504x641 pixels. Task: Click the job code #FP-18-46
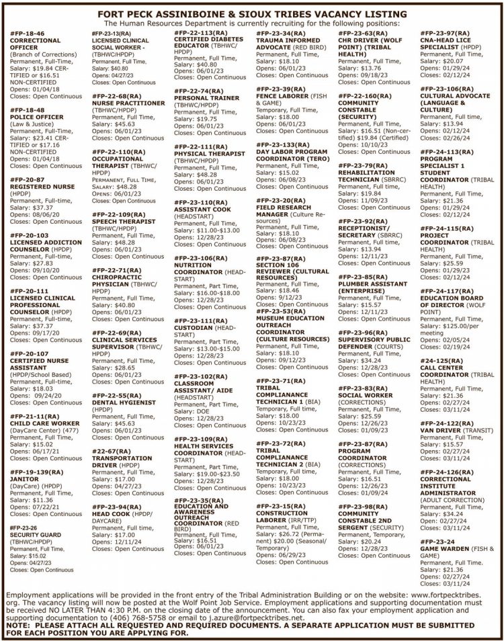(28, 32)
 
